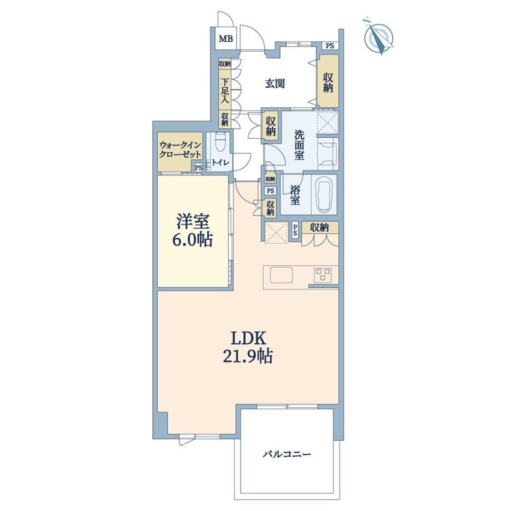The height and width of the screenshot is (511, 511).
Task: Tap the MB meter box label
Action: point(226,39)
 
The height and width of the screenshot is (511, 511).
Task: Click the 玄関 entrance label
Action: point(275,84)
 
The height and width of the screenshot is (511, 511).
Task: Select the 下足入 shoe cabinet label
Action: point(224,91)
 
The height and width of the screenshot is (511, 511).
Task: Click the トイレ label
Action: point(221,163)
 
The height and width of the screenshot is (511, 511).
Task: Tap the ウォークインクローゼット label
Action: point(179,149)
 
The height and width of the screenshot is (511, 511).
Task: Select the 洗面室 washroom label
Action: point(299,145)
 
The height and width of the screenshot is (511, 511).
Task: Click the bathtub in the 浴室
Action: point(324,194)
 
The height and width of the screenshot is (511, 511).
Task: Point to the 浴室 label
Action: point(294,195)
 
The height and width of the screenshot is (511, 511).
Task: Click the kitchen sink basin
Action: point(281,275)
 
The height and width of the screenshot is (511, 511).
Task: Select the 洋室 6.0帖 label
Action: point(192,231)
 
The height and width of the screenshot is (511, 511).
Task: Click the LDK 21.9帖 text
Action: point(248,347)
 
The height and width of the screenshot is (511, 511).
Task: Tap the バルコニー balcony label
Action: point(287,454)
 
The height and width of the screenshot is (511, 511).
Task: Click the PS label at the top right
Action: point(330,46)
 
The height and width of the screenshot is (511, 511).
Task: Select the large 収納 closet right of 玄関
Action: point(328,81)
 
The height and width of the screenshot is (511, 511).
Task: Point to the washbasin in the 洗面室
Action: point(328,153)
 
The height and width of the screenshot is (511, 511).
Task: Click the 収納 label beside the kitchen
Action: point(319,228)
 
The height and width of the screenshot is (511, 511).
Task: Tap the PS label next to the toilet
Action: point(198,168)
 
